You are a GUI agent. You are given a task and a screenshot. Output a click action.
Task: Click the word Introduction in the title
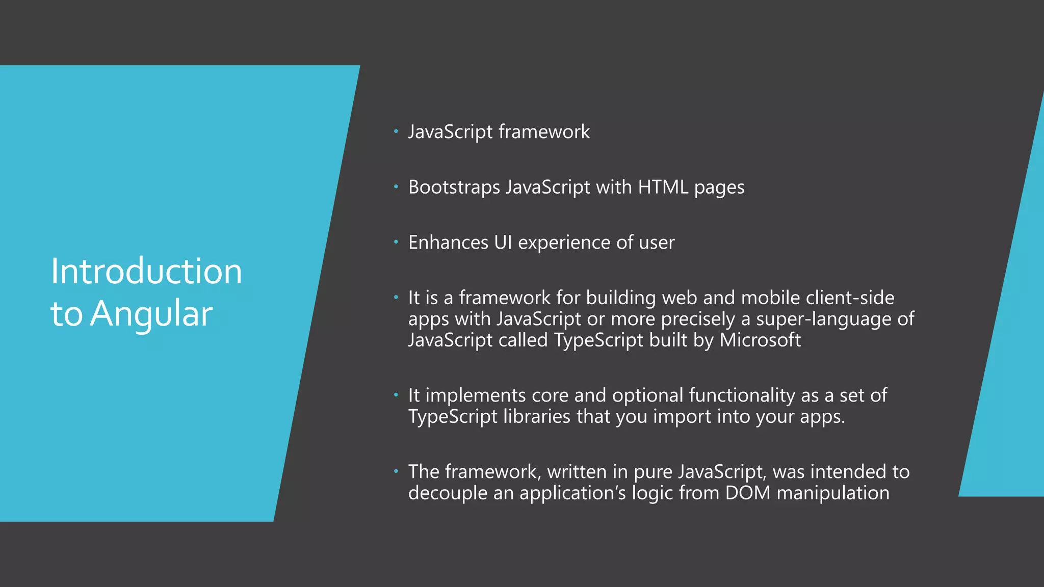(x=146, y=271)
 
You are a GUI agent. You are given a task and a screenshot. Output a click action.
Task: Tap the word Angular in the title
(x=151, y=314)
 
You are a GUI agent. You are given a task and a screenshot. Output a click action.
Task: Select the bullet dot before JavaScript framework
(x=396, y=132)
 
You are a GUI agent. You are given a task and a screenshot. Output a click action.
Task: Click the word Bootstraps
(x=454, y=188)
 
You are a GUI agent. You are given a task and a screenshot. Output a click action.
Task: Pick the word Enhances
(x=448, y=243)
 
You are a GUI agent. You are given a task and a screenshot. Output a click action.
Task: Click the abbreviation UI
(x=503, y=243)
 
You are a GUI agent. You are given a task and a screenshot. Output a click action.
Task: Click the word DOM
(x=747, y=493)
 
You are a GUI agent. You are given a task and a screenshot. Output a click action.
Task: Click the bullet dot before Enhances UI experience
(x=396, y=243)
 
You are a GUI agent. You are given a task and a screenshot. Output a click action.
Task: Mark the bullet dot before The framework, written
(x=396, y=472)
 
